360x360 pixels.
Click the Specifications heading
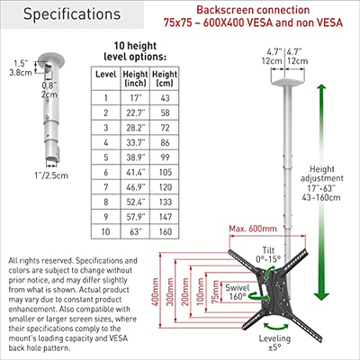pos(72,14)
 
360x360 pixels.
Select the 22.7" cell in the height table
pos(135,112)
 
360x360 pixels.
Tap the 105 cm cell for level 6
pos(166,172)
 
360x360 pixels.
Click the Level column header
pos(105,75)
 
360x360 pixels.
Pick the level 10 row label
pos(105,231)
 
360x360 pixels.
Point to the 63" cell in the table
pos(135,231)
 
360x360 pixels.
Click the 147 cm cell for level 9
pos(166,217)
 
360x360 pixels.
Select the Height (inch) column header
pos(135,78)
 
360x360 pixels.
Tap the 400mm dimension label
pos(155,292)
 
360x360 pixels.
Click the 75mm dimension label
pos(215,292)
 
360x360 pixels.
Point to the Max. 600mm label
pos(253,229)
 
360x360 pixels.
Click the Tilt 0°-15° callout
pos(268,255)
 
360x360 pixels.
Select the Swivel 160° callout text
pos(238,292)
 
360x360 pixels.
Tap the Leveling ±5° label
pos(274,343)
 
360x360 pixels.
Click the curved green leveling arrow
pos(275,327)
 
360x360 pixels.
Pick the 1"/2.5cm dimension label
pos(51,175)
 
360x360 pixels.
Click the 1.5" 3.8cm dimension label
pos(21,67)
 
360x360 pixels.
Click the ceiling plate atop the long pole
pos(288,81)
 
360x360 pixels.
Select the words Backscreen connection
pos(253,10)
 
